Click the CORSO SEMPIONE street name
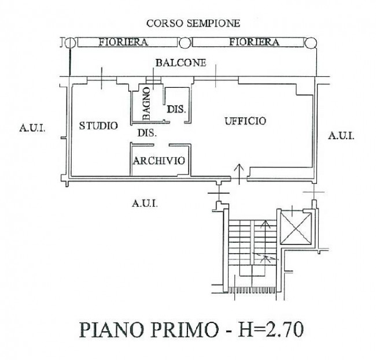pyautogui.click(x=193, y=23)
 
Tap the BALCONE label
pyautogui.click(x=181, y=63)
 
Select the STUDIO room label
pyautogui.click(x=98, y=126)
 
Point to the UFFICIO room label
pyautogui.click(x=245, y=121)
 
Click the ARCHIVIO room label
pyautogui.click(x=159, y=161)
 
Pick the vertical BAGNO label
pyautogui.click(x=146, y=103)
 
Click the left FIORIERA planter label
pyautogui.click(x=123, y=42)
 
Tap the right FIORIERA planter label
pyautogui.click(x=255, y=42)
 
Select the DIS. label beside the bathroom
pyautogui.click(x=176, y=109)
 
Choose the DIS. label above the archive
pyautogui.click(x=148, y=133)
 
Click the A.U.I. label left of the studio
pyautogui.click(x=32, y=128)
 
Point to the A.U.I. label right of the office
pyautogui.click(x=341, y=136)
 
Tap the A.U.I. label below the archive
pyautogui.click(x=145, y=203)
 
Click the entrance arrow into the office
pyautogui.click(x=239, y=175)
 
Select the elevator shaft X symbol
pyautogui.click(x=296, y=228)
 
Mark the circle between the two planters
pyautogui.click(x=185, y=43)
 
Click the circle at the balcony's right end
pyautogui.click(x=311, y=43)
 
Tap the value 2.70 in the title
pyautogui.click(x=283, y=330)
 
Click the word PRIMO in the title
pyautogui.click(x=184, y=330)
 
